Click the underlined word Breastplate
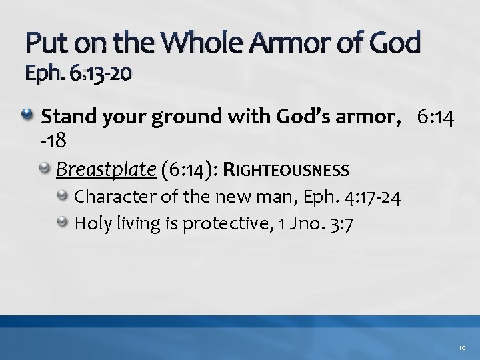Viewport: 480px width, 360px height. [x=106, y=170]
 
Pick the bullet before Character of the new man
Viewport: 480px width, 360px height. [x=64, y=197]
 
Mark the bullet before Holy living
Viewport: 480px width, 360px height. [x=64, y=222]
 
